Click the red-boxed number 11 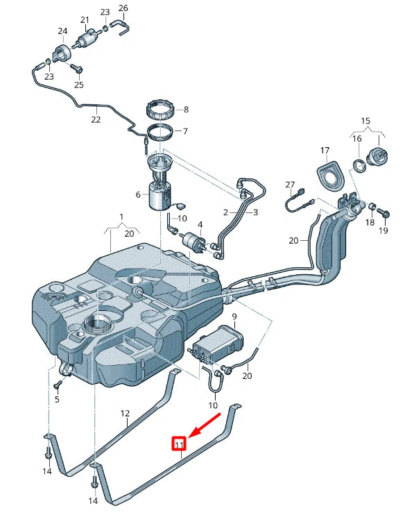[179, 444]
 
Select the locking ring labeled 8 [161, 110]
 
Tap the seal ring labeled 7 [162, 132]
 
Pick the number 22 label [96, 119]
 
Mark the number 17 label [325, 151]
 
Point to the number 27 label [290, 184]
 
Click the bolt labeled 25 [78, 69]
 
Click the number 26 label [123, 8]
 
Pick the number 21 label [85, 19]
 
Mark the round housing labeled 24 [61, 53]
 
